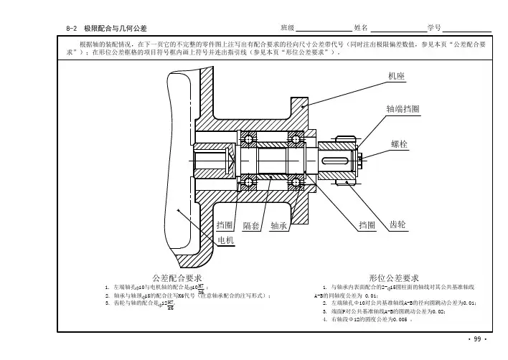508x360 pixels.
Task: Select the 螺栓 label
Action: tap(400, 144)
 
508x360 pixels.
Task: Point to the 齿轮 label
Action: tap(398, 224)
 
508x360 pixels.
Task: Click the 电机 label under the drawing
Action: tap(226, 240)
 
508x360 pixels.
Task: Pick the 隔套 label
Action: tap(251, 225)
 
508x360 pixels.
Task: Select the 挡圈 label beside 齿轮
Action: tap(367, 225)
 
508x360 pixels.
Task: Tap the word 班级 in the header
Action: tap(288, 27)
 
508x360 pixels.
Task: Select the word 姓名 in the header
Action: tap(361, 27)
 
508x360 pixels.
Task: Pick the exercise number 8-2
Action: tap(71, 28)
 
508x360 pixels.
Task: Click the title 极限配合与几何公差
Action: tap(116, 28)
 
